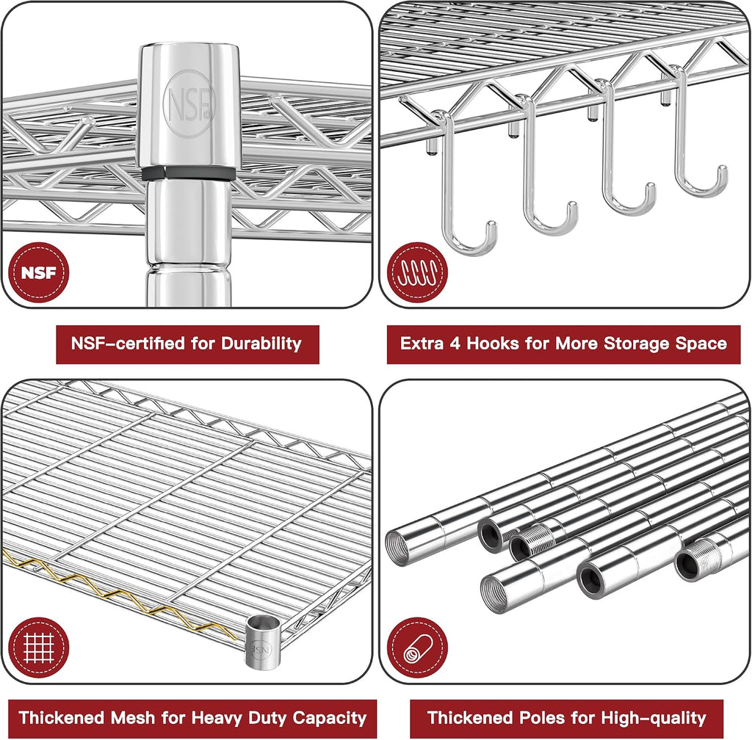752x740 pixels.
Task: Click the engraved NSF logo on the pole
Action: pos(189,104)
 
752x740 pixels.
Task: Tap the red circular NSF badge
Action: pos(39,272)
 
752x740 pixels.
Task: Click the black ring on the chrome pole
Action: pos(189,173)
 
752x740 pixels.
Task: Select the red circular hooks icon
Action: pos(417,272)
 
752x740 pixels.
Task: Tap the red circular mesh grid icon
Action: pos(39,647)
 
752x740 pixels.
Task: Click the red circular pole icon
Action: pos(417,647)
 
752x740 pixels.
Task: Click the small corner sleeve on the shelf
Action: pos(262,642)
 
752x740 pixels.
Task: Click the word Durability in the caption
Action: pos(261,344)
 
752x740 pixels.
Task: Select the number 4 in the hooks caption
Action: pos(455,344)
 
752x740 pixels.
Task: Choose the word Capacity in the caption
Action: pos(330,719)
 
